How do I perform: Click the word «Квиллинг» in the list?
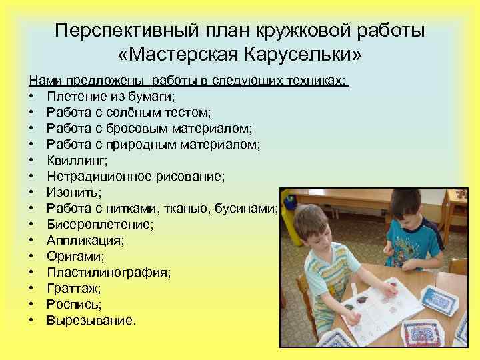[77, 160]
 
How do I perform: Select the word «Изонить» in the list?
[73, 192]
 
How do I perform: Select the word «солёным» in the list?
[138, 112]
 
